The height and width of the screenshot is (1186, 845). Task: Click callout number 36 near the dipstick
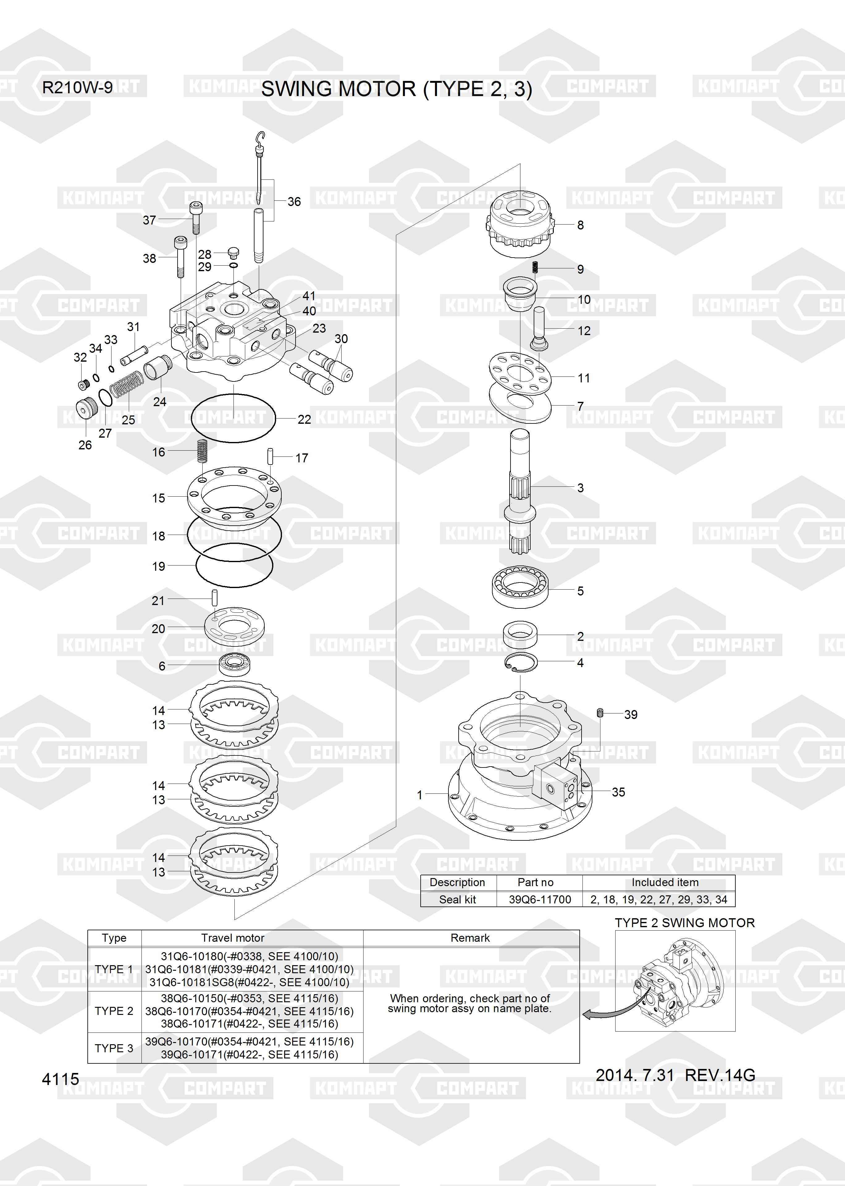click(294, 201)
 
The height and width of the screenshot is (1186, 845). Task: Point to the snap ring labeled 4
click(520, 662)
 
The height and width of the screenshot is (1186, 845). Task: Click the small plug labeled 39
click(600, 712)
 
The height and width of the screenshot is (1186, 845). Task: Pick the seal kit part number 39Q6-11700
click(540, 899)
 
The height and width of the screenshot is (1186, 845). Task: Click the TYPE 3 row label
click(114, 1048)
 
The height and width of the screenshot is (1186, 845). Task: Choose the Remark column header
click(470, 938)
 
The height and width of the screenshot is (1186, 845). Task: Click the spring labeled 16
click(202, 451)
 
